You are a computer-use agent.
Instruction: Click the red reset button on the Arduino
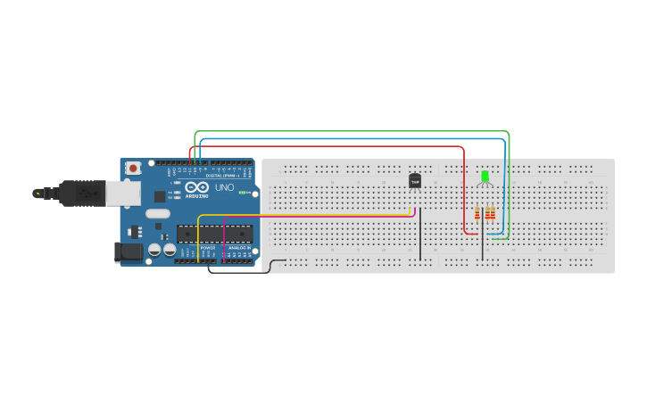tap(133, 168)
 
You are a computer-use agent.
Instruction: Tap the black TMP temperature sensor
tap(414, 181)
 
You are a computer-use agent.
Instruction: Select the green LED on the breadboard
tap(485, 177)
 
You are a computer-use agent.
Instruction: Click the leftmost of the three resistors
tap(477, 213)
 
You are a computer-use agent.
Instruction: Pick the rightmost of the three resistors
tap(493, 213)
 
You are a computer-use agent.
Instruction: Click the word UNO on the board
tap(224, 188)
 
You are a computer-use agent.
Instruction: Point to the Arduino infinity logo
tap(197, 187)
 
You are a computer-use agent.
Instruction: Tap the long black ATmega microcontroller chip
tap(213, 235)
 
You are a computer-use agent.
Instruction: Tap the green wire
tap(357, 132)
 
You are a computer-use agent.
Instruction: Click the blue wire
tap(357, 139)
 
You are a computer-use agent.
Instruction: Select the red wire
tap(357, 146)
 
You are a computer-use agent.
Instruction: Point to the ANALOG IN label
tap(238, 247)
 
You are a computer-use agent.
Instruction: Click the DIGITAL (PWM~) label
tap(220, 176)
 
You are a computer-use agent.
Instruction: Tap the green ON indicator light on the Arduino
tap(242, 193)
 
